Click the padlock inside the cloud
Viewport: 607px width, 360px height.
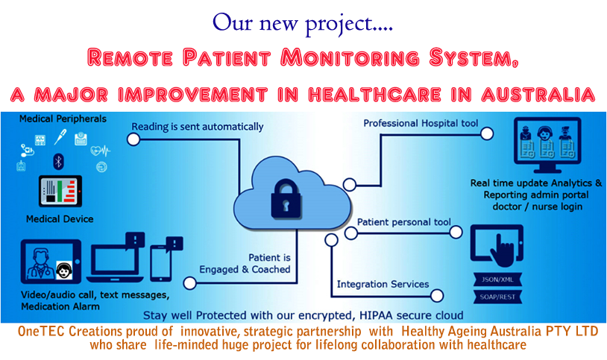[x=286, y=199]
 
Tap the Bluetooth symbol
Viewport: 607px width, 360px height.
[x=58, y=162]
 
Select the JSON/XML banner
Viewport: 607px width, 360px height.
[x=497, y=279]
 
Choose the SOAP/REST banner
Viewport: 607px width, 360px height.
[x=497, y=297]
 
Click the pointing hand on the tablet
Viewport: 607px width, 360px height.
[x=502, y=251]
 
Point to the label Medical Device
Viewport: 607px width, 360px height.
[x=60, y=219]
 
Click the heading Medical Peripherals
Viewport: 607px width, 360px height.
[x=63, y=119]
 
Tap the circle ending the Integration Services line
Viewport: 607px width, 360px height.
[x=437, y=296]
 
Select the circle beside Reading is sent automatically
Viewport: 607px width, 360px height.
[x=133, y=139]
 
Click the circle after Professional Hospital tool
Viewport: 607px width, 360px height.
[x=487, y=133]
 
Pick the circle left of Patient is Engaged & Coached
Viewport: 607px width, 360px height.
[x=189, y=283]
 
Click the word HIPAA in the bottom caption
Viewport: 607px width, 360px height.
[x=372, y=315]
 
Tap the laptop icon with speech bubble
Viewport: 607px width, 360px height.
[x=116, y=257]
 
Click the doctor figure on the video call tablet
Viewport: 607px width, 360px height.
[x=39, y=263]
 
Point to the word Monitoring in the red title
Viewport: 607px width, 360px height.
[x=350, y=57]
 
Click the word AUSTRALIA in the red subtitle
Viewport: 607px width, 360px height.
[x=538, y=95]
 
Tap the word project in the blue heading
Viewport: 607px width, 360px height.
[x=339, y=24]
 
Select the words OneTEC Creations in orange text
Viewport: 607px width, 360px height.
[x=69, y=332]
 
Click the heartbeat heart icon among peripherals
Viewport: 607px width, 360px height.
[x=100, y=151]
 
